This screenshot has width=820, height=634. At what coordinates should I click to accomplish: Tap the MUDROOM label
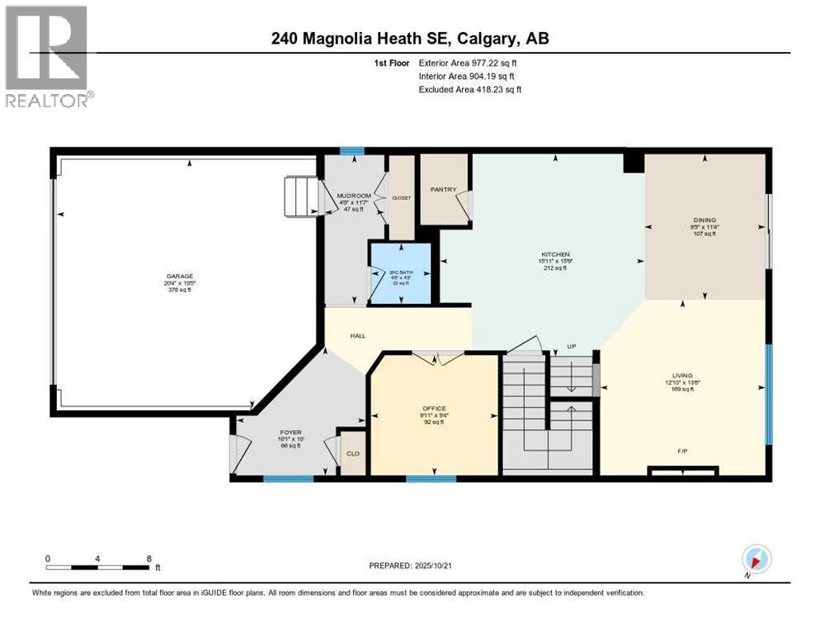pyautogui.click(x=354, y=196)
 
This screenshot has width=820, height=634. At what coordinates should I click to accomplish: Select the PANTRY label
pyautogui.click(x=444, y=189)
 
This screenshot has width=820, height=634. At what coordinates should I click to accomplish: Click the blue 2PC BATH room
pyautogui.click(x=400, y=272)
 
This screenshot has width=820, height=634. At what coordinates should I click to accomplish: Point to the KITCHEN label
pyautogui.click(x=555, y=254)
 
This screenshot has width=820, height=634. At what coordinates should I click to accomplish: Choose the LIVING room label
pyautogui.click(x=681, y=375)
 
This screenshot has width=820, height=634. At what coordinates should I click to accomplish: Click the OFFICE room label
pyautogui.click(x=434, y=408)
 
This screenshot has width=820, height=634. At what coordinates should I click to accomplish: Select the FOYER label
pyautogui.click(x=290, y=432)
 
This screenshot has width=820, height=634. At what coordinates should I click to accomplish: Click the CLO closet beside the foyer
pyautogui.click(x=353, y=453)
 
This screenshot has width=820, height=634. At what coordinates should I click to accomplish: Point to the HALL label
pyautogui.click(x=357, y=336)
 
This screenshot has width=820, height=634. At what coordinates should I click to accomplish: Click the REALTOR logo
pyautogui.click(x=48, y=57)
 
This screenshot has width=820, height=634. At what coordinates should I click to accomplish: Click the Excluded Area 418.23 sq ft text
pyautogui.click(x=470, y=89)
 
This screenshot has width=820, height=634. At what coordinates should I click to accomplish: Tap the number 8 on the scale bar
pyautogui.click(x=148, y=559)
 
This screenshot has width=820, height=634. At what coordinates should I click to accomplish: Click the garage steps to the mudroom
pyautogui.click(x=302, y=196)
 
